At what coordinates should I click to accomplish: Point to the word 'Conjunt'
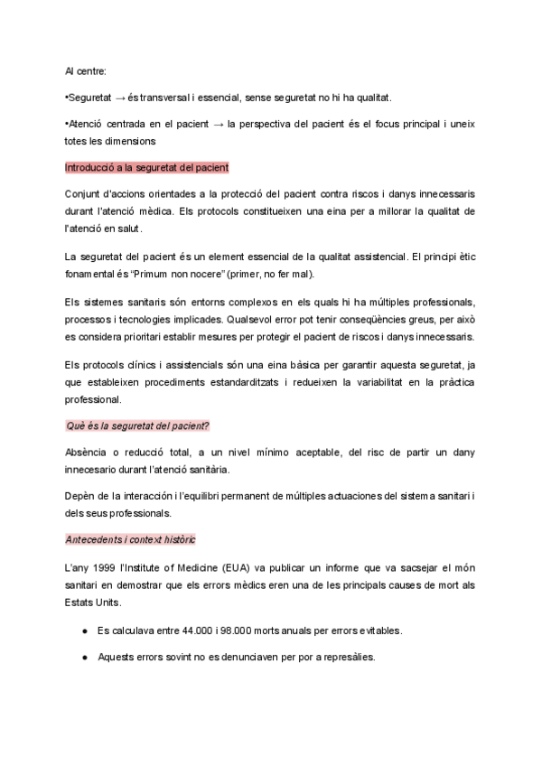[83, 194]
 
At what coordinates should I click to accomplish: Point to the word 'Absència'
[87, 452]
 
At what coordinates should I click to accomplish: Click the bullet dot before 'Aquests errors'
[84, 657]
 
